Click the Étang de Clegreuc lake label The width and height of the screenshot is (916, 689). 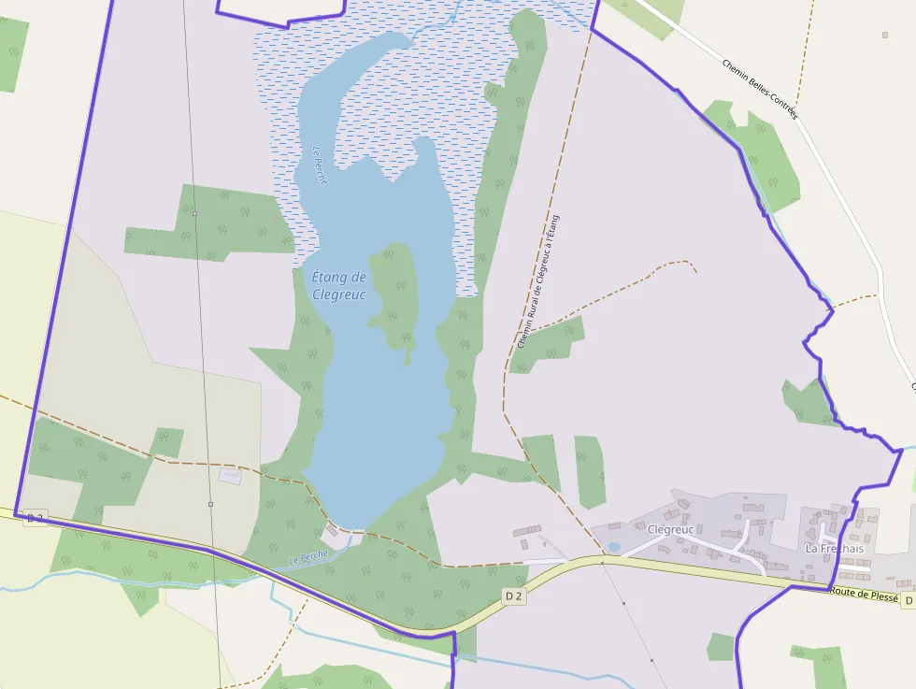point(338,285)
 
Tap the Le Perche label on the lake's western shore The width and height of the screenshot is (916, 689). point(320,165)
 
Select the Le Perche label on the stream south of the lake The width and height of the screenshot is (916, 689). point(308,556)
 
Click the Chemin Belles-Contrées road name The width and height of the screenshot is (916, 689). point(760,90)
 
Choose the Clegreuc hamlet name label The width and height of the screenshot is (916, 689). point(670,529)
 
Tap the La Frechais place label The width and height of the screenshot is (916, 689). point(835,549)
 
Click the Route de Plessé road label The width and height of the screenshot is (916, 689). point(864,595)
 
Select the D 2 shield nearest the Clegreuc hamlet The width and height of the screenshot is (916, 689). point(513,596)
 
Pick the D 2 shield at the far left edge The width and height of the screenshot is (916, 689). point(36,517)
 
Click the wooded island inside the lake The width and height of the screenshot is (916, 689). point(396,294)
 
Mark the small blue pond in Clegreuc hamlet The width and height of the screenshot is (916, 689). point(613,547)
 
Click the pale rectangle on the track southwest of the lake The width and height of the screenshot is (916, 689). point(229,476)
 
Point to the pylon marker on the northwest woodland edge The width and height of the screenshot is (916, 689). point(194,213)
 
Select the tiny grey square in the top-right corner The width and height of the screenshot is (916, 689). point(884,36)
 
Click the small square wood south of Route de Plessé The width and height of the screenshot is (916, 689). point(721,646)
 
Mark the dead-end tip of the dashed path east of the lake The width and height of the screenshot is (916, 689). point(695,270)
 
